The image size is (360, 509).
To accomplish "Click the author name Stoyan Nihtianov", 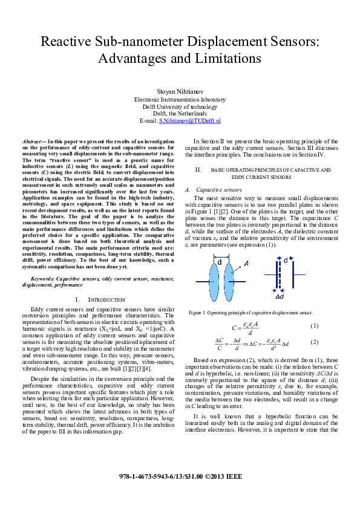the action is [180, 91].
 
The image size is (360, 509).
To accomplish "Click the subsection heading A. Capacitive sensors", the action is [209, 189].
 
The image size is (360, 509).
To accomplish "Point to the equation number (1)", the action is [314, 326].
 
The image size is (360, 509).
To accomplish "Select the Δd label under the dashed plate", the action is [280, 297].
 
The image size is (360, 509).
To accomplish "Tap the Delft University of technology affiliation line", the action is [180, 106].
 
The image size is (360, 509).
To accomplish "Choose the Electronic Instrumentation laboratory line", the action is [180, 99].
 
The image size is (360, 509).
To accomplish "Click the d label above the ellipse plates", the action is [220, 262].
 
